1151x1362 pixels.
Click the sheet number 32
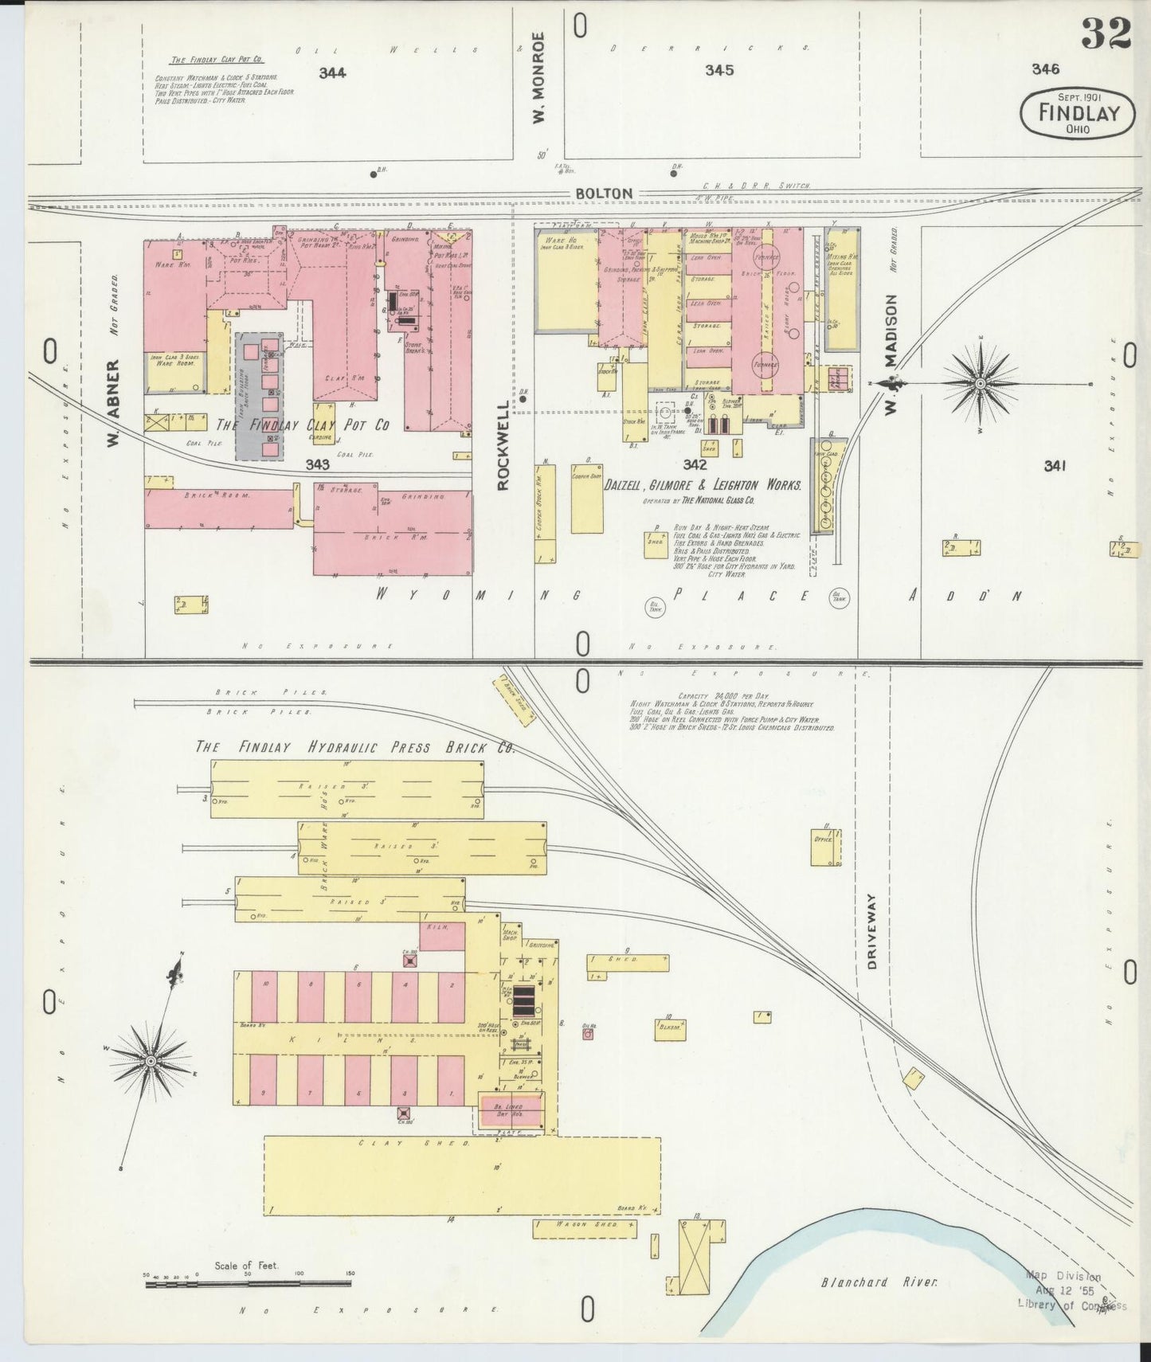click(x=1107, y=33)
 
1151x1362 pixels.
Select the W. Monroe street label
click(x=539, y=77)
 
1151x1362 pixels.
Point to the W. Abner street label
click(x=114, y=402)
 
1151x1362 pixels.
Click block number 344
click(x=331, y=73)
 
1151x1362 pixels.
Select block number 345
click(x=718, y=70)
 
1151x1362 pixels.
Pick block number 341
click(x=1058, y=466)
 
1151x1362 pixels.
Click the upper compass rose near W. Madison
click(x=980, y=383)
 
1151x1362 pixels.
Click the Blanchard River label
click(x=879, y=1282)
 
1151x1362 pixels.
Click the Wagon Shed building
click(x=585, y=1228)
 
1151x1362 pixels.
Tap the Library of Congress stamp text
click(x=1071, y=1304)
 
